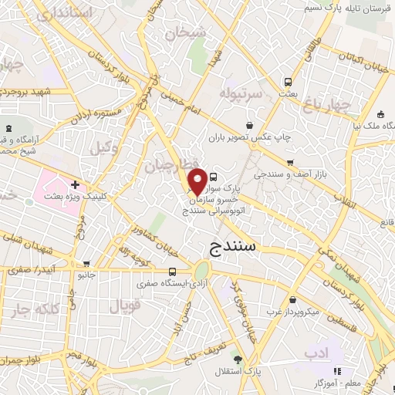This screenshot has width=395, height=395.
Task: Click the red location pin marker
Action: click(x=197, y=180)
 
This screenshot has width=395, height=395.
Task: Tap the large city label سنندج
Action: click(x=236, y=247)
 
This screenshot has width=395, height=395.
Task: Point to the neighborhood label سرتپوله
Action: click(x=242, y=93)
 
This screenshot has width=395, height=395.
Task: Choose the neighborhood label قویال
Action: click(x=124, y=306)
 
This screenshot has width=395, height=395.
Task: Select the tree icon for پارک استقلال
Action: click(x=238, y=360)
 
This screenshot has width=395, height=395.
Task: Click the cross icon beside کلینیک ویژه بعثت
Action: click(x=75, y=185)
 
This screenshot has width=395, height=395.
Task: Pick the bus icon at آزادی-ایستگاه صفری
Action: click(x=172, y=272)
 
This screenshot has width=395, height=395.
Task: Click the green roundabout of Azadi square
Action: click(x=201, y=271)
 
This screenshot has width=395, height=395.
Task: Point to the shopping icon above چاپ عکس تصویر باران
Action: click(x=249, y=125)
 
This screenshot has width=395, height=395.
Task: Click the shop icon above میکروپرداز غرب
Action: click(x=292, y=300)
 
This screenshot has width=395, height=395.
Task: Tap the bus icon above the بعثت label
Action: click(x=288, y=82)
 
